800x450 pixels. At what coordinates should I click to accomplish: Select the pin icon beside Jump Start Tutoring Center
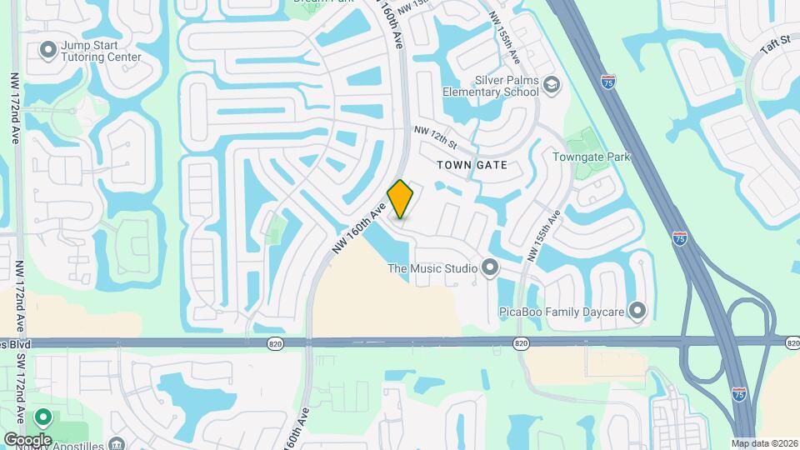[x=47, y=50]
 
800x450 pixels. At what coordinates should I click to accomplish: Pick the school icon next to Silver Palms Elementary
[x=551, y=85]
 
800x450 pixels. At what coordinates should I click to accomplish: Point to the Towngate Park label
[x=592, y=157]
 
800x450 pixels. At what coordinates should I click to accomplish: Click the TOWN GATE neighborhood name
[x=472, y=165]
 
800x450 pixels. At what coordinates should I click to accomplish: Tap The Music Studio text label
[x=432, y=268]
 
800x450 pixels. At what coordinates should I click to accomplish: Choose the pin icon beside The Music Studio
[x=490, y=268]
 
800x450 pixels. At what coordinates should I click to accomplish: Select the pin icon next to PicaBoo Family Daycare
[x=637, y=311]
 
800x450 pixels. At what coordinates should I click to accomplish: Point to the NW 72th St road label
[x=436, y=137]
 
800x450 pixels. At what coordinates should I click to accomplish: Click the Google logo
[x=27, y=439]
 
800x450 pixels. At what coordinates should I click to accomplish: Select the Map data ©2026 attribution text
[x=763, y=443]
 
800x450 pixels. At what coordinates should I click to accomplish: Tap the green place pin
[x=42, y=417]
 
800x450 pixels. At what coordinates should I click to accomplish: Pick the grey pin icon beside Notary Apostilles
[x=117, y=443]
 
